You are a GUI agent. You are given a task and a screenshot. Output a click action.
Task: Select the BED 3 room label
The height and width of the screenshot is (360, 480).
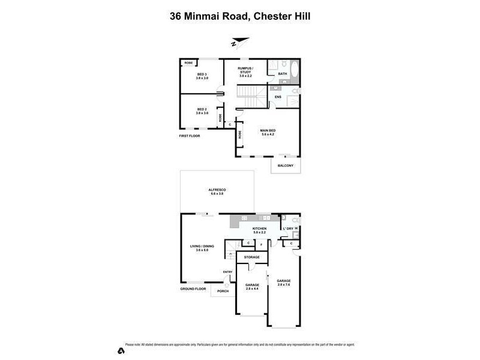[x=202, y=76]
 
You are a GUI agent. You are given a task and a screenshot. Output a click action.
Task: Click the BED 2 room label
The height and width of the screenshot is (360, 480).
[x=202, y=111]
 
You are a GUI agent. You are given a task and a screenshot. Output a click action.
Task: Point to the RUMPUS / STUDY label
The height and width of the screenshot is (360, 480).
[x=245, y=71]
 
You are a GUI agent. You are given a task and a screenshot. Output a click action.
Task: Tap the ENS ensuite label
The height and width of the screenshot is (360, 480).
[x=278, y=97]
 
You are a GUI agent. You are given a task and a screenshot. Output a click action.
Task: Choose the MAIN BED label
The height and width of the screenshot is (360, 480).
[x=268, y=132]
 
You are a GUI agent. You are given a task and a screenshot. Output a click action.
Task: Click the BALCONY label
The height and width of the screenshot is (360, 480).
[x=285, y=166]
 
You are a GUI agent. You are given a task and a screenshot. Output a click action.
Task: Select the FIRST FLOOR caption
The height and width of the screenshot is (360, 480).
[x=190, y=136]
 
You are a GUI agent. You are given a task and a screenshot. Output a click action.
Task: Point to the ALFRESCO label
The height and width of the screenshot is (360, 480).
[x=217, y=191]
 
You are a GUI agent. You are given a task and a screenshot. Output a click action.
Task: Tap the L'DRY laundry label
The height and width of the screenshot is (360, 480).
[x=288, y=229]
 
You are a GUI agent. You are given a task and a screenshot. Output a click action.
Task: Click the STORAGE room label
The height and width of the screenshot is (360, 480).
[x=251, y=257]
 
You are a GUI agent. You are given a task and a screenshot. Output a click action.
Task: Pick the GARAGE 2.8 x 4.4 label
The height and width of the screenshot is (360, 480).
[x=252, y=287]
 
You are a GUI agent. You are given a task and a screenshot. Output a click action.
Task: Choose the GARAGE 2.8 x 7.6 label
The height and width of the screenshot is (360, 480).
[x=284, y=283]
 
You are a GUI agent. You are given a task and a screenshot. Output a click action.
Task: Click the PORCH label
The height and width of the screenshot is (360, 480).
[x=223, y=291]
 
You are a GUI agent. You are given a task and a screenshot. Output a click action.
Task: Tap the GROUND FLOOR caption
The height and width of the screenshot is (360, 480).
[x=193, y=289]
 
